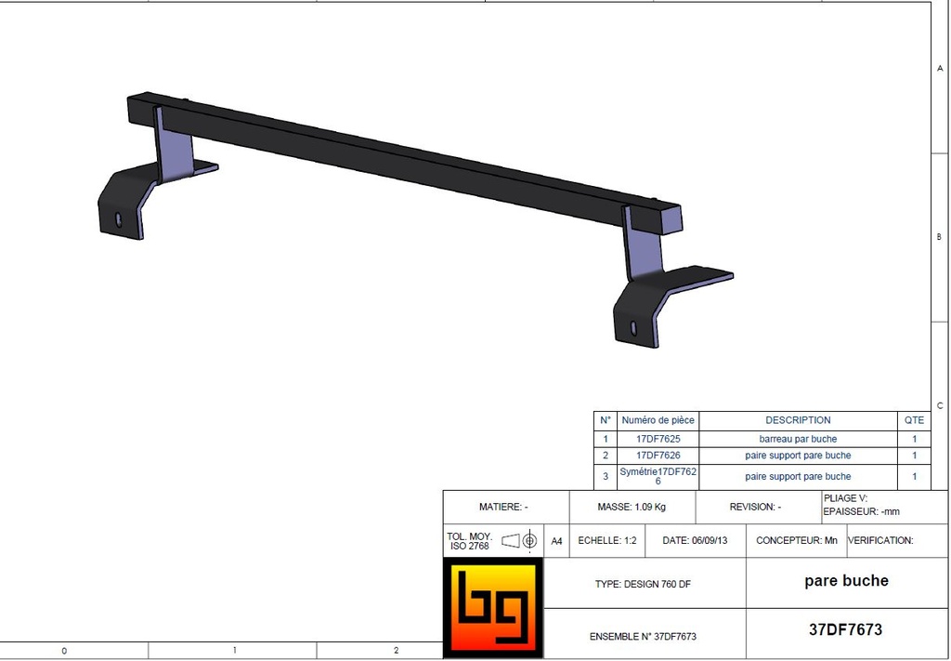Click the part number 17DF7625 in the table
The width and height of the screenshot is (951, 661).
(658, 439)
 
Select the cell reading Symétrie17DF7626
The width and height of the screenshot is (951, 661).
(658, 476)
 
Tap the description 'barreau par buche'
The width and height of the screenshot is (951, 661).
(798, 439)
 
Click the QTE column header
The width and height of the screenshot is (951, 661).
(914, 420)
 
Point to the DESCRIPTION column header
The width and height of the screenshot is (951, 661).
(798, 420)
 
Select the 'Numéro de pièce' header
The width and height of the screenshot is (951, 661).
(658, 420)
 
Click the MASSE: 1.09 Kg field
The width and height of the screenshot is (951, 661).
(632, 508)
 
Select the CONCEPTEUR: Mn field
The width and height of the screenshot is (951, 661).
(796, 540)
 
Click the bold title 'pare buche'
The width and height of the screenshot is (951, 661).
(846, 581)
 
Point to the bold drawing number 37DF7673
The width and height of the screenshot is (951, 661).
(845, 629)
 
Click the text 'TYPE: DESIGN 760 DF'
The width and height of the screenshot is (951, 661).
(643, 585)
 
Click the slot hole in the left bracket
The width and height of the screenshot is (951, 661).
(118, 219)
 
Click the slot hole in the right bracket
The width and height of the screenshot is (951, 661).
(633, 327)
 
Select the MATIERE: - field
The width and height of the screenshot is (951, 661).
(503, 508)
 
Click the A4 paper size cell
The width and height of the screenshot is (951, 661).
(556, 540)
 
